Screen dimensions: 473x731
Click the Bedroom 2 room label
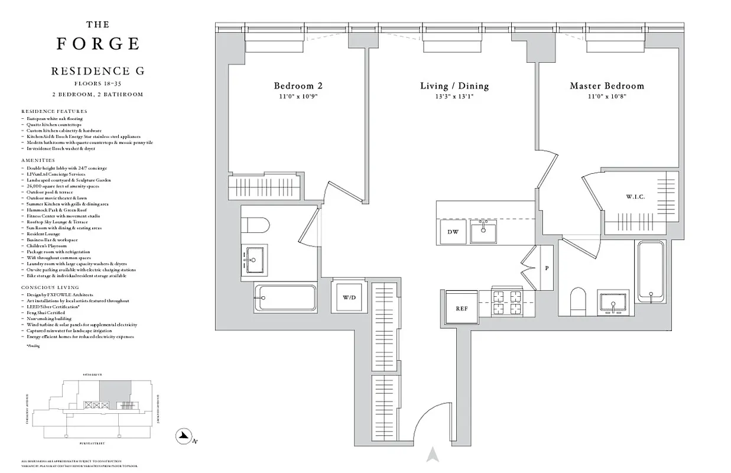click(298, 86)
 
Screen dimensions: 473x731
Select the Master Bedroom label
click(606, 86)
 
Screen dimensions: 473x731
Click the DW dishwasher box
click(453, 232)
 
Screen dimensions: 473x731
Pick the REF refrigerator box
click(462, 308)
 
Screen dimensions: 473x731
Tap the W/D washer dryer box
click(349, 297)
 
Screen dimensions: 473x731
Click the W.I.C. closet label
click(635, 196)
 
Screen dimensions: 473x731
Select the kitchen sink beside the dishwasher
click(483, 232)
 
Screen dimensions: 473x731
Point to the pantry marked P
click(547, 268)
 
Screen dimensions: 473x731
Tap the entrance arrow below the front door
click(433, 455)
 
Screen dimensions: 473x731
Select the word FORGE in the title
click(98, 44)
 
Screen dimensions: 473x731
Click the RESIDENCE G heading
click(98, 71)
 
